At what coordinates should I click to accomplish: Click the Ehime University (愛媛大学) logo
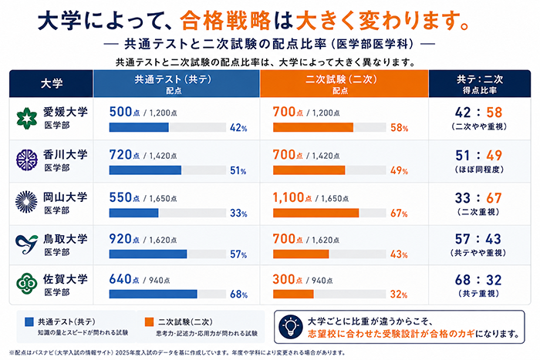pyautogui.click(x=26, y=119)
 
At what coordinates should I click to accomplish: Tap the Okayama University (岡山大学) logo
pyautogui.click(x=26, y=202)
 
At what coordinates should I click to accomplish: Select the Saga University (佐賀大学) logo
pyautogui.click(x=26, y=284)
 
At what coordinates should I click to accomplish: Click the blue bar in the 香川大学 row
pyautogui.click(x=145, y=170)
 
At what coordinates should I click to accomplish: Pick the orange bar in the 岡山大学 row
pyautogui.click(x=316, y=213)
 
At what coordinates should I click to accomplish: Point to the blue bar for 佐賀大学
pyautogui.click(x=154, y=294)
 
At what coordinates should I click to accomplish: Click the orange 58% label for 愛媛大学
pyautogui.click(x=399, y=128)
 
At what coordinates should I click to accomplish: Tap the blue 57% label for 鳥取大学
pyautogui.click(x=238, y=254)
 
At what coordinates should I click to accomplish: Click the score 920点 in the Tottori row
pyautogui.click(x=124, y=239)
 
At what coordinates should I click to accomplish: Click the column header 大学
pyautogui.click(x=52, y=83)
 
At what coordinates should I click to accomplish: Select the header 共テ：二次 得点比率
pyautogui.click(x=480, y=84)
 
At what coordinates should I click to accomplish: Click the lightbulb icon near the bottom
pyautogui.click(x=291, y=327)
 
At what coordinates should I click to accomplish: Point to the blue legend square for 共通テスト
pyautogui.click(x=29, y=321)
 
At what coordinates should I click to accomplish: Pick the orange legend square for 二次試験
pyautogui.click(x=149, y=321)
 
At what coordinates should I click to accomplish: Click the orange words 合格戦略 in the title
pyautogui.click(x=225, y=21)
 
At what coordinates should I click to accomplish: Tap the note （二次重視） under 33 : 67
pyautogui.click(x=478, y=212)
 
